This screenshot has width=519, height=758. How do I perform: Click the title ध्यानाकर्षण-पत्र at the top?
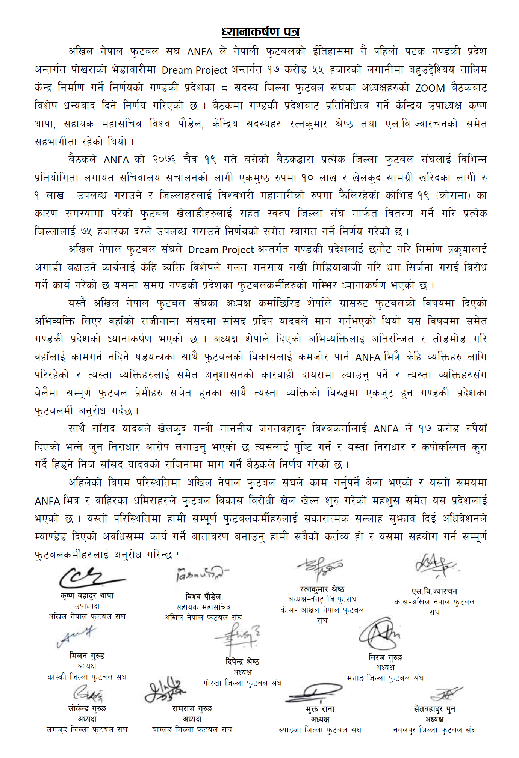[x=260, y=32]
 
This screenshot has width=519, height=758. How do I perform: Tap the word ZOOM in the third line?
[x=430, y=88]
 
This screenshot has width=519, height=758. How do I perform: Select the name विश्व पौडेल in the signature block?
[x=203, y=597]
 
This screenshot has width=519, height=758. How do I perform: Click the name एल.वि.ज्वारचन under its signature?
[x=434, y=591]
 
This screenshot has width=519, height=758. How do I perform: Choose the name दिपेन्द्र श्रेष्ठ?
[x=242, y=662]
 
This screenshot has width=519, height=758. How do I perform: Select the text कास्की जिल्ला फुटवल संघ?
[x=87, y=677]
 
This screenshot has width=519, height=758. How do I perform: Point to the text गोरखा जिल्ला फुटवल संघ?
[x=242, y=683]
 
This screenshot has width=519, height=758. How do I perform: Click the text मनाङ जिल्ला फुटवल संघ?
[x=385, y=678]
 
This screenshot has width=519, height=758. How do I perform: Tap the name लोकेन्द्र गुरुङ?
[x=87, y=708]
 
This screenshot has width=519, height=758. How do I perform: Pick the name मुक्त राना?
[x=320, y=709]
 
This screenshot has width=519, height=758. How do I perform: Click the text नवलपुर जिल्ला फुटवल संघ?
[x=434, y=730]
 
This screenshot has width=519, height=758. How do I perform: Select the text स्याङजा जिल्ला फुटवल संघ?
[x=320, y=730]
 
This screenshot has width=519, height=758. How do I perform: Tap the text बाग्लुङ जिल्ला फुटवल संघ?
[x=192, y=729]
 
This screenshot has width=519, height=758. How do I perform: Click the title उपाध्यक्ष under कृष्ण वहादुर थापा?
[x=87, y=606]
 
